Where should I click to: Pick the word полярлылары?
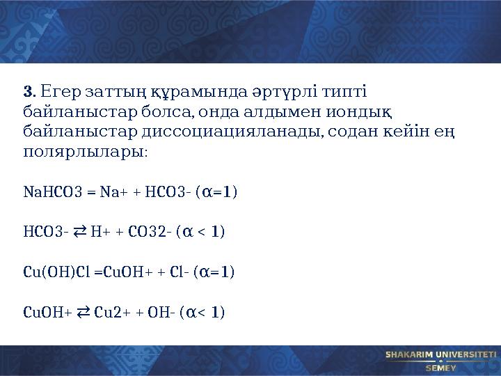[x=84, y=150]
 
